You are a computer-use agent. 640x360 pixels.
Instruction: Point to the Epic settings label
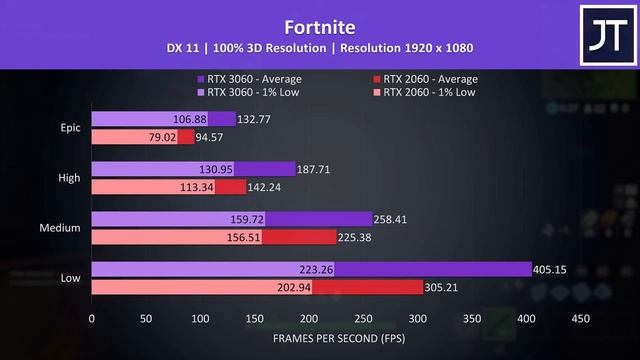[x=70, y=127]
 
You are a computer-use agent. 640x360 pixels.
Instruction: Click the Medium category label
[x=61, y=227]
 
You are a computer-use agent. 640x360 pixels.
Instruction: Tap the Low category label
[x=71, y=277]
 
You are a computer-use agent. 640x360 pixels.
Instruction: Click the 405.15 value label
[x=555, y=269]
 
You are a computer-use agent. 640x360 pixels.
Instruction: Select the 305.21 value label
[x=447, y=287]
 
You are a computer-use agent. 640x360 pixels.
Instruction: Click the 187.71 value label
[x=319, y=169]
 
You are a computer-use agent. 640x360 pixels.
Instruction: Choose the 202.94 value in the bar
[x=248, y=287]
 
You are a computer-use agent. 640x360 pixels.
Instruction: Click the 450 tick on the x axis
[x=579, y=320]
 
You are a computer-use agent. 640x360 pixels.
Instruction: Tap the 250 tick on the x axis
[x=362, y=320]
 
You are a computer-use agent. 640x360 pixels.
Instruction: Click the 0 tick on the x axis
[x=92, y=320]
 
